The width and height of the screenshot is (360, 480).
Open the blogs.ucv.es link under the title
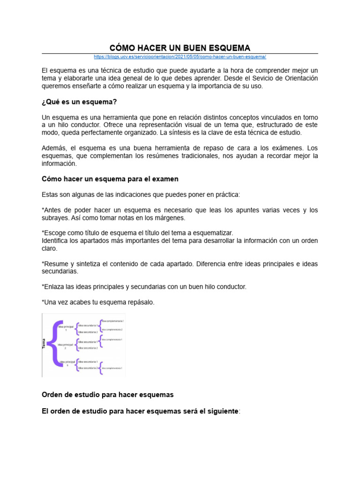pyautogui.click(x=180, y=57)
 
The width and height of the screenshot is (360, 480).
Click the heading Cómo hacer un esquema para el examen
pyautogui.click(x=110, y=179)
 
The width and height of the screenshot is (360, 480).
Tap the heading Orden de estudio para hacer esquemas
pyautogui.click(x=108, y=394)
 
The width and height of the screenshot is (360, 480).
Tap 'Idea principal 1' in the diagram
pyautogui.click(x=66, y=327)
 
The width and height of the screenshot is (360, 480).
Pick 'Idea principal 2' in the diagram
pyautogui.click(x=66, y=346)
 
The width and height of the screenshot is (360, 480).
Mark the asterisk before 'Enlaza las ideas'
pyautogui.click(x=43, y=286)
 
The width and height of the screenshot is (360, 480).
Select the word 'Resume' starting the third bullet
pyautogui.click(x=57, y=264)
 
